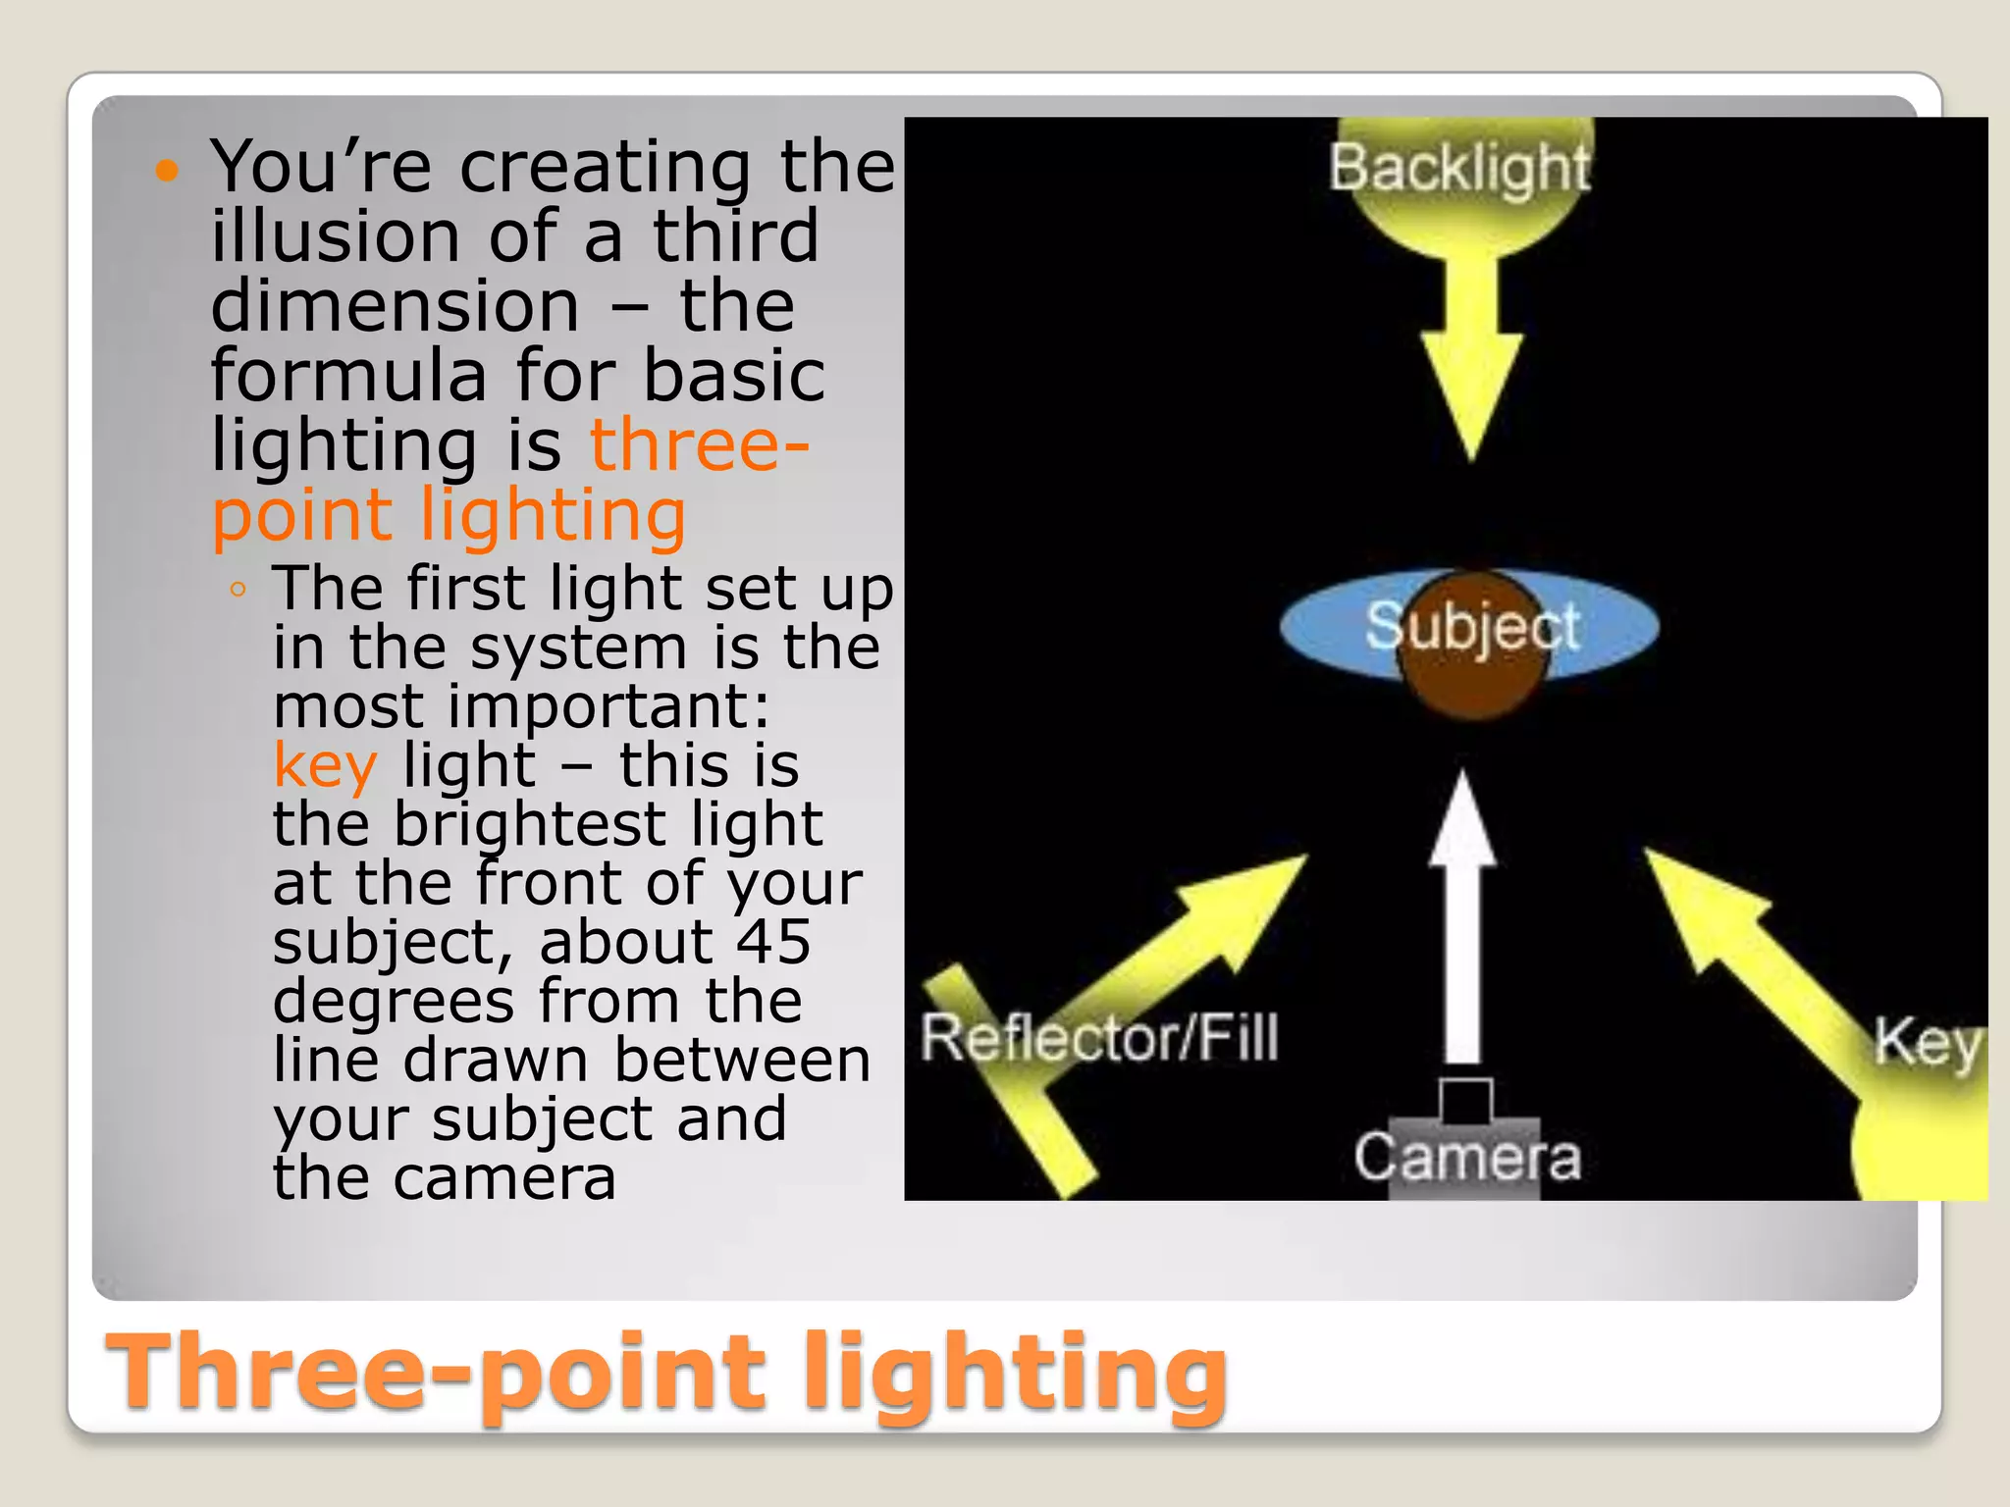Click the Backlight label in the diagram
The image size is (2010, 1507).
[x=1458, y=169]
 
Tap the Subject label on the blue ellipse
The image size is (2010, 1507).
[x=1472, y=626]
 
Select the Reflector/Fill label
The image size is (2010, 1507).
[x=1099, y=1038]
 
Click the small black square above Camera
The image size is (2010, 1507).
[x=1466, y=1101]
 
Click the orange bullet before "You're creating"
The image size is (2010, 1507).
[x=168, y=171]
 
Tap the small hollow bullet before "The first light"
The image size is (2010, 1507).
[x=237, y=590]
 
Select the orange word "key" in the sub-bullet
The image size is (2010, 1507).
[x=325, y=765]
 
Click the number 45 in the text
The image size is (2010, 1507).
[x=773, y=942]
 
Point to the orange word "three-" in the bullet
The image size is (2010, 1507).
[x=699, y=445]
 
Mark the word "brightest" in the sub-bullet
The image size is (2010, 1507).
[x=530, y=824]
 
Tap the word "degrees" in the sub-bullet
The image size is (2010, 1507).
[x=393, y=1001]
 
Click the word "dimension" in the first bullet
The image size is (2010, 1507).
[x=395, y=306]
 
